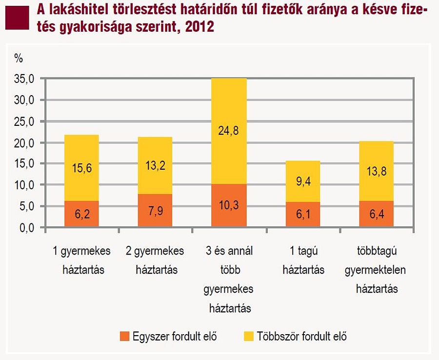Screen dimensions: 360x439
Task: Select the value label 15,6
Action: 81,168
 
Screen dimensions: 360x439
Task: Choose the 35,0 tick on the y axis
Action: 25,79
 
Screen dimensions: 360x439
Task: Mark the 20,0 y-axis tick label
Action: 25,142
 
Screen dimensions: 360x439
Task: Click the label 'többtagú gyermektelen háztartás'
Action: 376,270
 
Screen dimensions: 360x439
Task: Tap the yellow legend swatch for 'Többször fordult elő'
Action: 248,336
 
